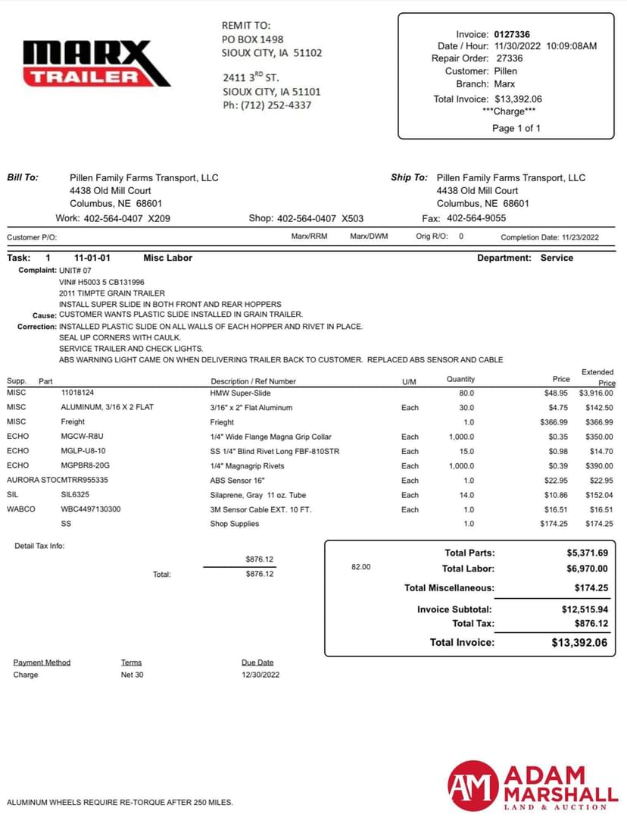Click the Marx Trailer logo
tap(97, 63)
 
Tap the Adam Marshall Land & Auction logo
tap(532, 788)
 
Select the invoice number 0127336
tap(512, 34)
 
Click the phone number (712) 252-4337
tap(276, 105)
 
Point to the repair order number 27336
tap(509, 58)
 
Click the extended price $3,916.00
tap(597, 393)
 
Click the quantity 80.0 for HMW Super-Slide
tap(466, 393)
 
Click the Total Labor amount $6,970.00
tap(582, 569)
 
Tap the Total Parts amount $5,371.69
tap(582, 553)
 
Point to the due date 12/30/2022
tap(260, 675)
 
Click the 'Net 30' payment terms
tap(132, 675)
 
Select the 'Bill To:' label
tap(23, 177)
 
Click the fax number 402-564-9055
tap(476, 218)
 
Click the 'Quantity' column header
tap(460, 379)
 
